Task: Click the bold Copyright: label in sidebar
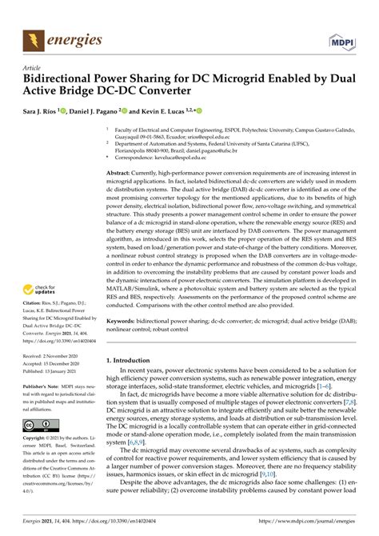38,439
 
